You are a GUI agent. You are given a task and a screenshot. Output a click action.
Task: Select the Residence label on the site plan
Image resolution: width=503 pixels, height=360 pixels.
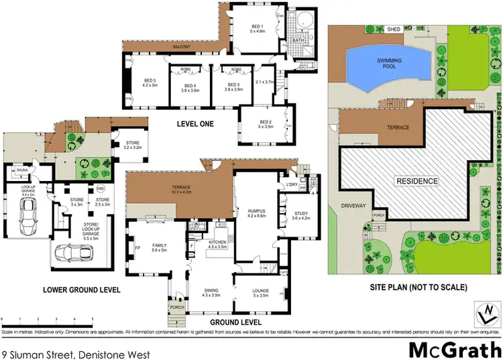[x=416, y=181]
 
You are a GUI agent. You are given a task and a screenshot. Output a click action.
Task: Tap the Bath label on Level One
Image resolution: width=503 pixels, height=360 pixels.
[x=298, y=41]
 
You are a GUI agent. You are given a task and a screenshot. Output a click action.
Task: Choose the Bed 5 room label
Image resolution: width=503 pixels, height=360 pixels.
[x=150, y=83]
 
